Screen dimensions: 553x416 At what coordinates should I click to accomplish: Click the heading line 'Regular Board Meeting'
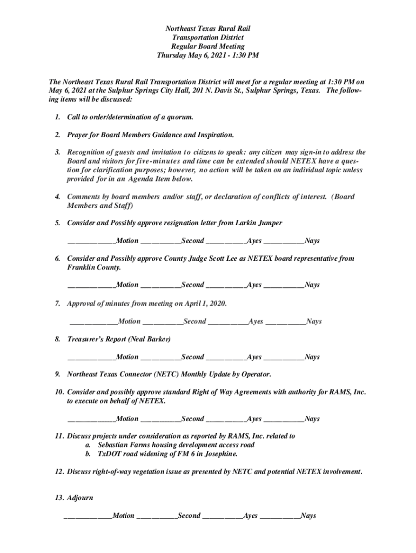point(208,46)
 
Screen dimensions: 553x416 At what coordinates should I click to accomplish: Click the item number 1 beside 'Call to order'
point(57,117)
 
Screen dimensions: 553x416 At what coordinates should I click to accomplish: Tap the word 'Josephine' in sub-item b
point(218,454)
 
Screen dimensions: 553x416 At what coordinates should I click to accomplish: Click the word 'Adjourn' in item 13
point(80,498)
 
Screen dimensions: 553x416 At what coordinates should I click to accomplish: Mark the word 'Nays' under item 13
point(308,516)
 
